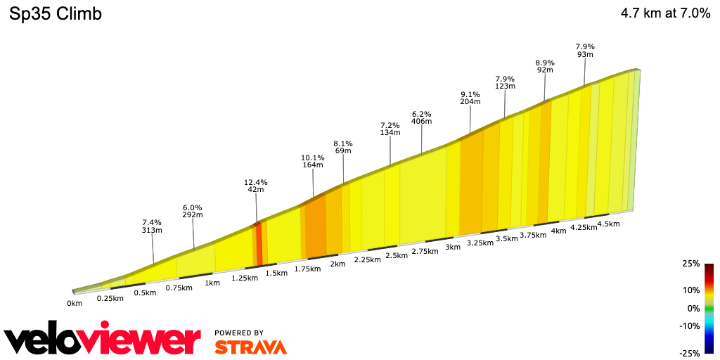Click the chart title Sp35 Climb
click(x=56, y=14)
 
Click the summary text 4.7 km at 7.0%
click(x=665, y=14)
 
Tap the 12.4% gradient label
click(x=256, y=183)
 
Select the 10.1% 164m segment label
click(x=313, y=161)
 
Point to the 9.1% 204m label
click(x=470, y=97)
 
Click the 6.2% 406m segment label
click(x=422, y=117)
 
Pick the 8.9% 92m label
click(x=545, y=66)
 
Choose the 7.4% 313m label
click(x=153, y=226)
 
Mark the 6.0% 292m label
click(x=193, y=212)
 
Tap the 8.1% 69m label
click(x=343, y=146)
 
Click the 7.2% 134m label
click(x=390, y=129)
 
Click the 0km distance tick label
click(x=75, y=303)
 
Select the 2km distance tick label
click(x=337, y=264)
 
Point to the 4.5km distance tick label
click(x=608, y=224)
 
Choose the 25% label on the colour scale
click(x=690, y=264)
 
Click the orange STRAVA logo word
click(x=250, y=347)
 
